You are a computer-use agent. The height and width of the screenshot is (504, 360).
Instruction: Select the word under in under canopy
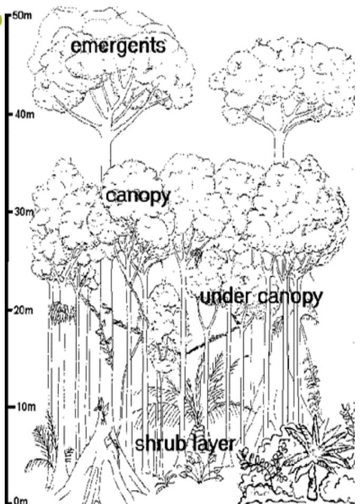click(225, 298)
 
